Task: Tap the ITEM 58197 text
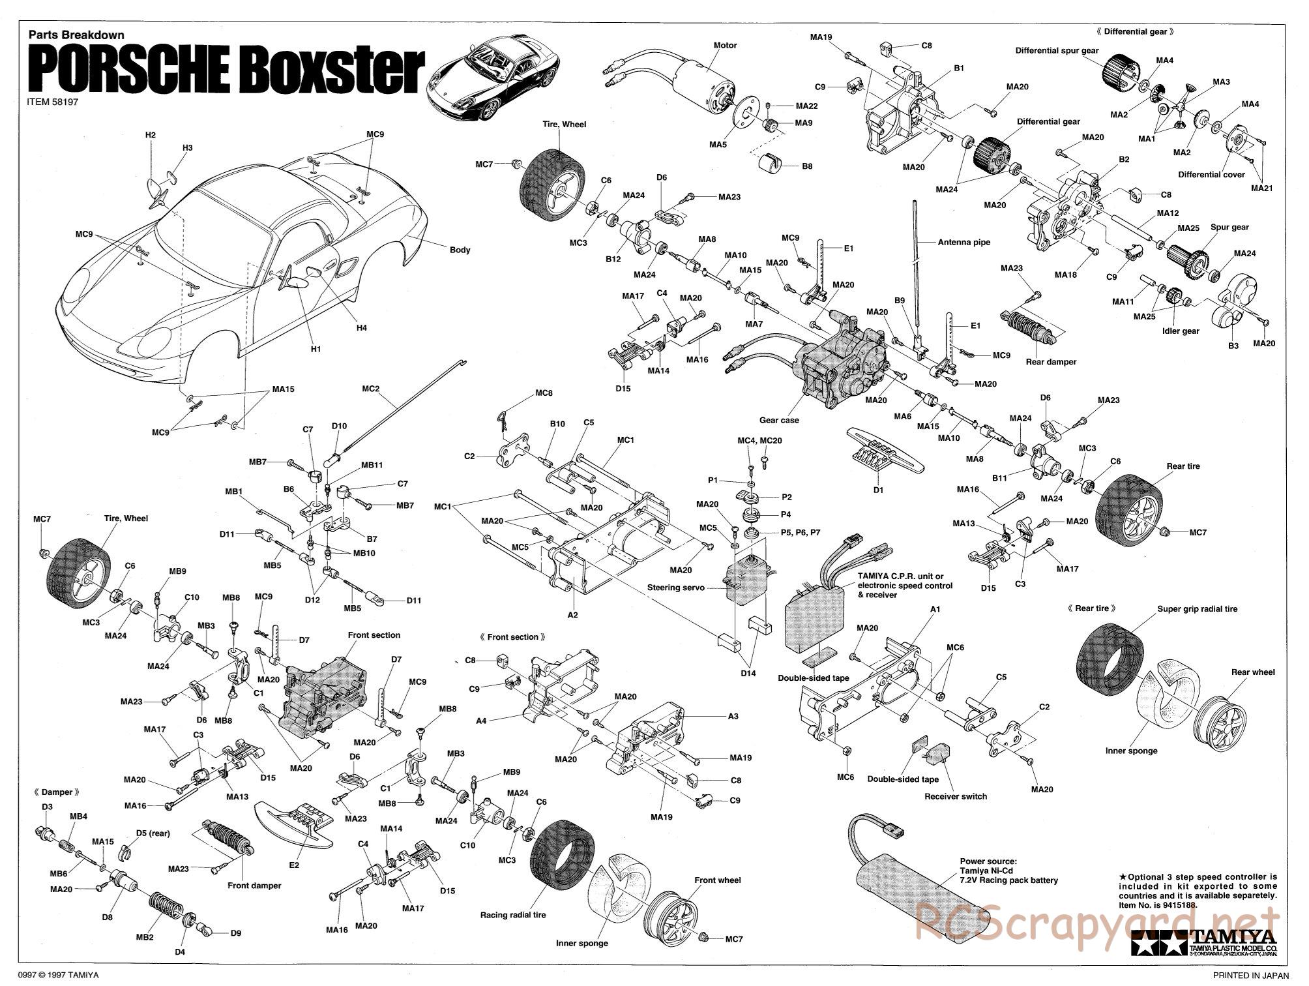pyautogui.click(x=53, y=103)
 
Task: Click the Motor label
pyautogui.click(x=725, y=46)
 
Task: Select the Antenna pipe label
pyautogui.click(x=963, y=242)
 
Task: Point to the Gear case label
pyautogui.click(x=779, y=421)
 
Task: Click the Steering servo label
pyautogui.click(x=676, y=588)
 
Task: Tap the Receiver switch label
pyautogui.click(x=956, y=796)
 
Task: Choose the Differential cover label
pyautogui.click(x=1211, y=175)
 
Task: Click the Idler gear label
pyautogui.click(x=1181, y=331)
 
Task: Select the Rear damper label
pyautogui.click(x=1051, y=362)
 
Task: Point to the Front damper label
pyautogui.click(x=254, y=886)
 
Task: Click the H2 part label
pyautogui.click(x=151, y=135)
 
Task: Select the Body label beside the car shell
pyautogui.click(x=460, y=250)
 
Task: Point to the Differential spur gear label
pyautogui.click(x=1056, y=50)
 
